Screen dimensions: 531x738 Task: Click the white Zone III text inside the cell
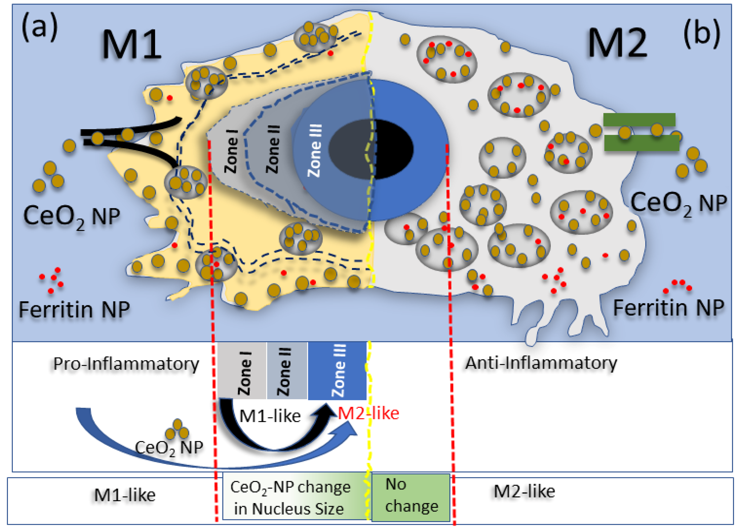[x=315, y=150]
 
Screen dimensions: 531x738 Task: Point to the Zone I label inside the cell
[x=232, y=152]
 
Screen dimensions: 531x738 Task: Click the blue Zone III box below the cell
[x=337, y=371]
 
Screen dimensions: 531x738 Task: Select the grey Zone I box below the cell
[x=242, y=371]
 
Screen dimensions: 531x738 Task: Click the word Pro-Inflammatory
[x=126, y=364]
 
